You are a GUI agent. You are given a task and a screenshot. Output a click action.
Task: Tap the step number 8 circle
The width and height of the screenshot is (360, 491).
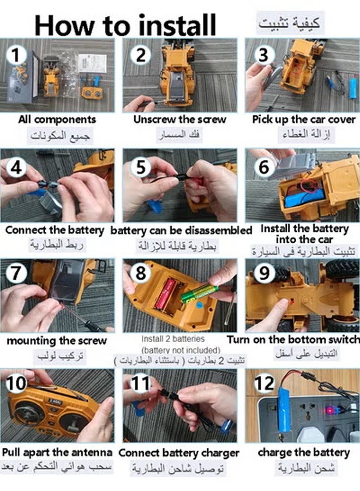pos(141,273)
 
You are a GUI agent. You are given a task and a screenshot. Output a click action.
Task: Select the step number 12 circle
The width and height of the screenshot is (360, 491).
pos(265,384)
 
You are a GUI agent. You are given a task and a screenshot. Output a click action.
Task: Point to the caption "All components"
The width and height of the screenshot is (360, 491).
pos(57,119)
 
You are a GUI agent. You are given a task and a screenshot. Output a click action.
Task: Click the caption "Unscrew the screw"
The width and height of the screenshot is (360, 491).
pos(180,119)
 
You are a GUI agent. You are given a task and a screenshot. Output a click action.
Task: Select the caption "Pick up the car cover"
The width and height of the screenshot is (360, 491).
pos(303,119)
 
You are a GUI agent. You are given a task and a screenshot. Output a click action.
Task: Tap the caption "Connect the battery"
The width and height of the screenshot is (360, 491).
pos(55,230)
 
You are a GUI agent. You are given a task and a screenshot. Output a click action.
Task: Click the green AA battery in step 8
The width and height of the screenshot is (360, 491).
pos(200,293)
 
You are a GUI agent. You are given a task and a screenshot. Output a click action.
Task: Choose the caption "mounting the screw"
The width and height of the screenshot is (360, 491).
pos(57,341)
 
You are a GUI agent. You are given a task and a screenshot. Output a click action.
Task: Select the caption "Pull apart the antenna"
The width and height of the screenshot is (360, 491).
pos(57,452)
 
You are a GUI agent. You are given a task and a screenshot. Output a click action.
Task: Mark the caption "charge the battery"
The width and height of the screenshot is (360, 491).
pos(303,452)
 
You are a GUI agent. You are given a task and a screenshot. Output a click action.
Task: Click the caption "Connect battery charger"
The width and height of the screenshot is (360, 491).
pos(179,453)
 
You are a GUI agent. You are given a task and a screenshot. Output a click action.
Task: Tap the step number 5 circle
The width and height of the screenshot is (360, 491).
pos(141,167)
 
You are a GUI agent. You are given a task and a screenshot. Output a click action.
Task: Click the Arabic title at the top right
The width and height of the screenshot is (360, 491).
pos(290,23)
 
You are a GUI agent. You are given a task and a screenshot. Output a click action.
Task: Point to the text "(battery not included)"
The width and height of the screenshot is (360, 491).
pos(181,350)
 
